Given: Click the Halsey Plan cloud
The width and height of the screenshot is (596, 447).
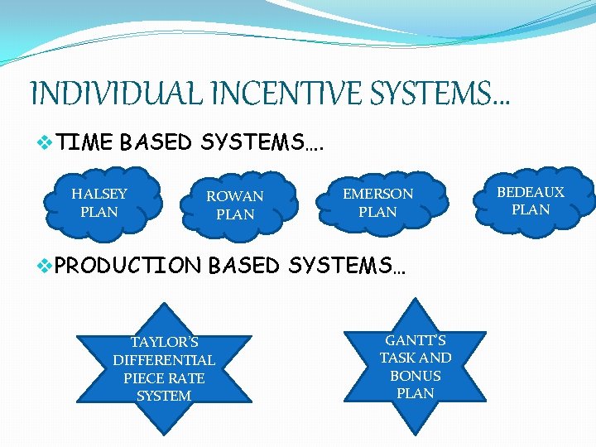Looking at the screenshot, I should point(99,203).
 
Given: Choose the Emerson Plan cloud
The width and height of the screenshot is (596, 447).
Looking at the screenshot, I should point(377,203).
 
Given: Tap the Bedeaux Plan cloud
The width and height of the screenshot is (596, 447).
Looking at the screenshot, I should point(531,201).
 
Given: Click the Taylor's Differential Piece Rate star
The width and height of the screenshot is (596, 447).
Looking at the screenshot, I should point(164,369).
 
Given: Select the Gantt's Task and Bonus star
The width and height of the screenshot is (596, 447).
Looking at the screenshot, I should point(416,367).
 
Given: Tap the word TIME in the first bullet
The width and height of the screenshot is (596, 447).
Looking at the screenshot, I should point(85,142).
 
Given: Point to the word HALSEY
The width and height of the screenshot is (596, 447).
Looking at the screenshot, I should point(99,194).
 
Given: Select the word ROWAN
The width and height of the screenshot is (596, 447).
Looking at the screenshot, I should point(235,196).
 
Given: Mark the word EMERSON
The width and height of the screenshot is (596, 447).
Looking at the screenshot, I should point(378,194).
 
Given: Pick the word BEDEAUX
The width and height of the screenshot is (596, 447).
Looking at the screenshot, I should point(531,192).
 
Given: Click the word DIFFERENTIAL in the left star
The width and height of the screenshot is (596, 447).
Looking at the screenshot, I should point(164,360).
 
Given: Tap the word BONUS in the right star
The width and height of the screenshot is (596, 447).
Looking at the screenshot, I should point(416,376).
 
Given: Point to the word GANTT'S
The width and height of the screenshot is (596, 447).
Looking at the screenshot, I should point(416,340).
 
